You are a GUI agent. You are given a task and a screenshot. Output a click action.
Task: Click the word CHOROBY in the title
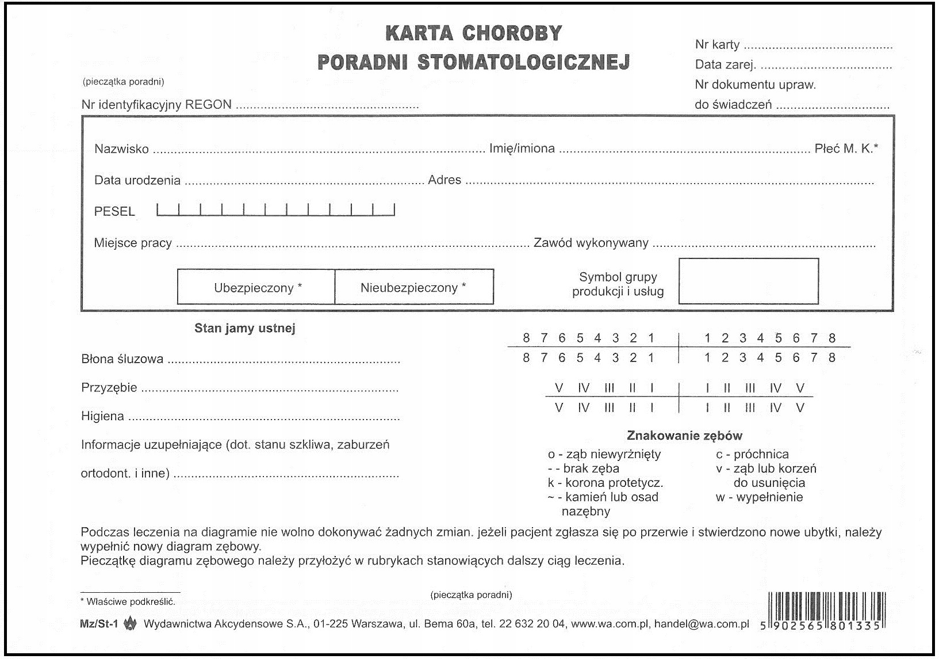[512, 33]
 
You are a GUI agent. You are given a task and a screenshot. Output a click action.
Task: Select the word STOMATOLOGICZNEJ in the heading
[523, 62]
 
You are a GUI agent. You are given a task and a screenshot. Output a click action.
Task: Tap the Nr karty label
[717, 45]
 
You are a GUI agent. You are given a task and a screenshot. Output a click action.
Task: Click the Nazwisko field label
[121, 149]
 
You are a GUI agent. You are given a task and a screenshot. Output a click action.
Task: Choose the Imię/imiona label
[522, 148]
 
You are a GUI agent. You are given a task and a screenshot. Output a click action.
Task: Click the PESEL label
[114, 211]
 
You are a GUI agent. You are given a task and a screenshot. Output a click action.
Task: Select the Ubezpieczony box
[256, 287]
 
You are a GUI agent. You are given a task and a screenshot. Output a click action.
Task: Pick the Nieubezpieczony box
[413, 287]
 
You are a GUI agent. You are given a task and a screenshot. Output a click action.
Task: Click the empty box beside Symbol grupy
[748, 281]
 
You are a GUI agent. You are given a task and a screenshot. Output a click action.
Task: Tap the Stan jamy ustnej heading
[244, 329]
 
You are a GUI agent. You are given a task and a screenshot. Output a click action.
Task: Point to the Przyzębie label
[109, 388]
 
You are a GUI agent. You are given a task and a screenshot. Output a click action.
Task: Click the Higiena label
[102, 416]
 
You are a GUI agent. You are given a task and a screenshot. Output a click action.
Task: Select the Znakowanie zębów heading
[684, 436]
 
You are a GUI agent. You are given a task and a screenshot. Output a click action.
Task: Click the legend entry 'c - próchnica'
[752, 454]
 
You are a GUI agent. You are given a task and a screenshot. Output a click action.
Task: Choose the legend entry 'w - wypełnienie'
[759, 497]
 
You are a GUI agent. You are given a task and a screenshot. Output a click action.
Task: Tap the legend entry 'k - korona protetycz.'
[605, 483]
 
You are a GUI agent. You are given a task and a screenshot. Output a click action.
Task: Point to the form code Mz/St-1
[99, 623]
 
